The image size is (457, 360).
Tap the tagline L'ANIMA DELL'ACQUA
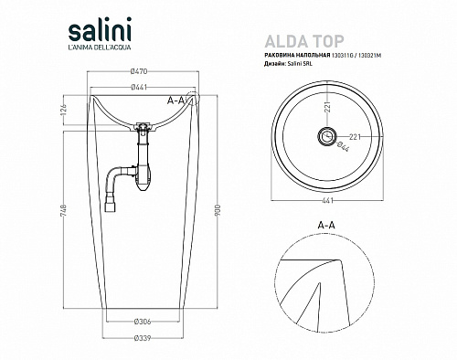[x=100, y=48]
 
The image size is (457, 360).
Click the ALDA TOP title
[x=304, y=41]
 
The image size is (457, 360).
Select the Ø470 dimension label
[x=139, y=71]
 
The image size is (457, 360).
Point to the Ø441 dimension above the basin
[x=139, y=88]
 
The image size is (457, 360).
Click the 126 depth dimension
[x=64, y=108]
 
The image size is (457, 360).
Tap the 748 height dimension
[x=64, y=210]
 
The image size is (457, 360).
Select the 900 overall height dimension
[x=218, y=210]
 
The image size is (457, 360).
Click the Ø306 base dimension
[x=143, y=322]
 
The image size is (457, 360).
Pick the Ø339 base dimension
[x=143, y=338]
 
